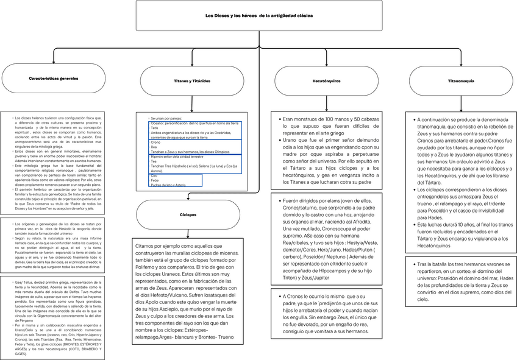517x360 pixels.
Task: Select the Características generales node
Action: pyautogui.click(x=53, y=79)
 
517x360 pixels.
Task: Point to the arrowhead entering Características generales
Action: pyautogui.click(x=54, y=62)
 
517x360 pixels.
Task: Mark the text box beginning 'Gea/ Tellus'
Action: pyautogui.click(x=54, y=317)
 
